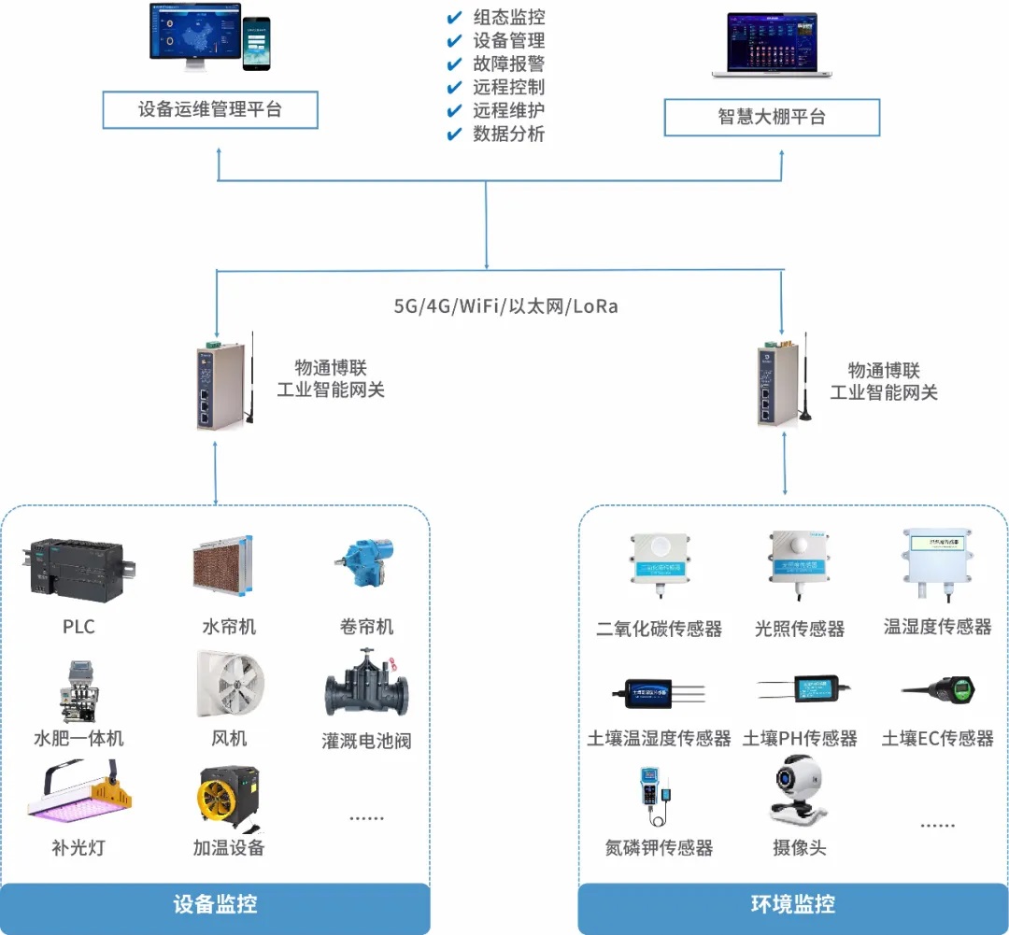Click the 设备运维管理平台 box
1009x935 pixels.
pyautogui.click(x=210, y=109)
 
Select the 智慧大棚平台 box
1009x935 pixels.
pyautogui.click(x=772, y=118)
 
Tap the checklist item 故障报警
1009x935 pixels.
pyautogui.click(x=507, y=64)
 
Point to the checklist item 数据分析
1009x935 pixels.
pyautogui.click(x=507, y=134)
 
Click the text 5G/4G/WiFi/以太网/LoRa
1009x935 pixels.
pyautogui.click(x=505, y=306)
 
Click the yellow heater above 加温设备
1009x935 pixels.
pyautogui.click(x=228, y=797)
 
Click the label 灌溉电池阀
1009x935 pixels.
pyautogui.click(x=366, y=742)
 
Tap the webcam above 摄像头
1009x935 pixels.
pyautogui.click(x=799, y=791)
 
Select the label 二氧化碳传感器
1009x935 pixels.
pyautogui.click(x=660, y=629)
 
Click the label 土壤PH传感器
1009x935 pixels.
pyautogui.click(x=800, y=739)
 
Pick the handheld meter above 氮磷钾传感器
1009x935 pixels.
pyautogui.click(x=655, y=795)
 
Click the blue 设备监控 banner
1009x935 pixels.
pyautogui.click(x=215, y=904)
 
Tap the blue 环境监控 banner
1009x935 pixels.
pyautogui.click(x=793, y=904)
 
